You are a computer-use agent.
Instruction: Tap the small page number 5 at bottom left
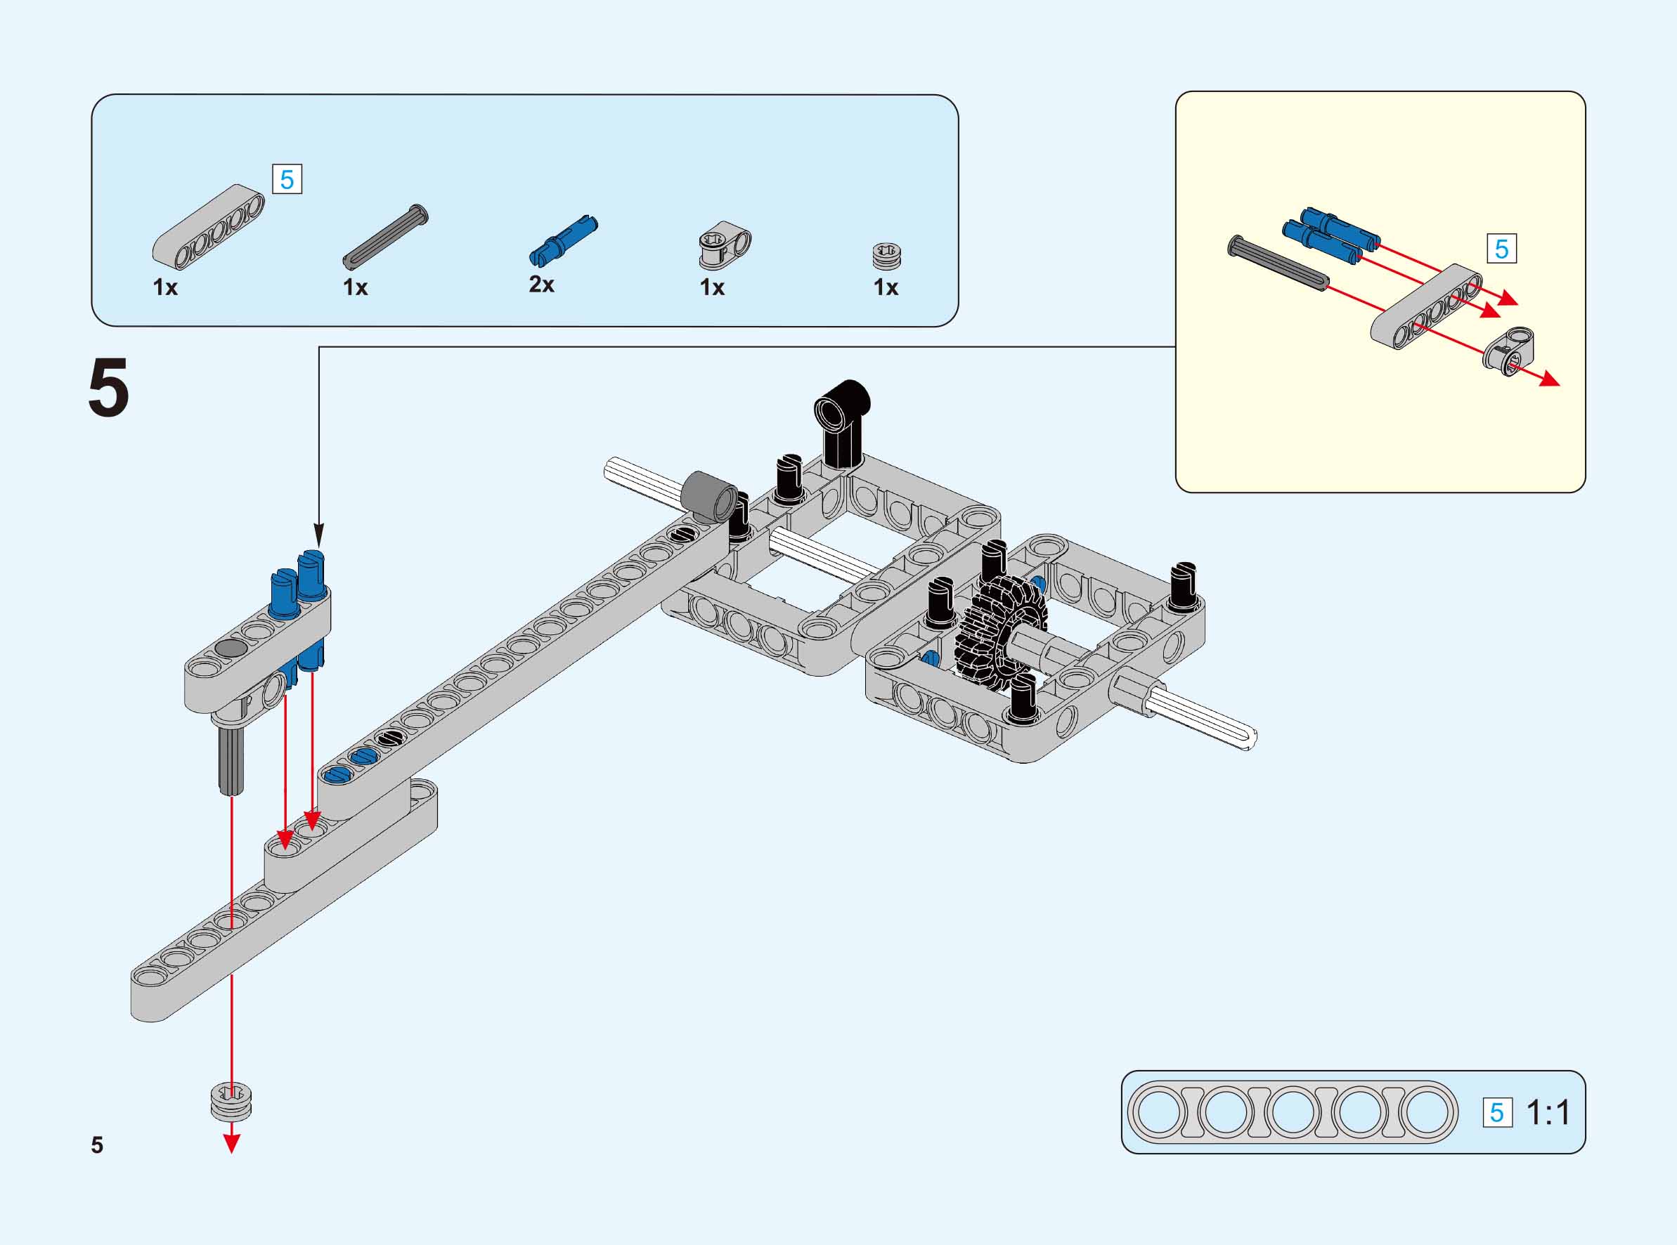(x=96, y=1145)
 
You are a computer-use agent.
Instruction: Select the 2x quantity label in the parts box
(x=541, y=284)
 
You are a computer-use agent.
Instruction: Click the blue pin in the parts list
(x=563, y=240)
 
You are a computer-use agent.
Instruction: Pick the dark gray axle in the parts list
(x=385, y=237)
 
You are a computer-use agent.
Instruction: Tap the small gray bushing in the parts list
(x=887, y=256)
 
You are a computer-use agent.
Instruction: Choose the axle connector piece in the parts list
(x=725, y=245)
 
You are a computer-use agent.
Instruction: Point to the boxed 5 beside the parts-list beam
(x=286, y=179)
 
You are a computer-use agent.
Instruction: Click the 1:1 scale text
(x=1548, y=1112)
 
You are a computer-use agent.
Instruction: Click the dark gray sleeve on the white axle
(x=709, y=496)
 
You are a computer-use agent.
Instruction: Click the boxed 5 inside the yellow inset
(x=1501, y=249)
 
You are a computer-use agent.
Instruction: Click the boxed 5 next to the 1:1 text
(x=1497, y=1112)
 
